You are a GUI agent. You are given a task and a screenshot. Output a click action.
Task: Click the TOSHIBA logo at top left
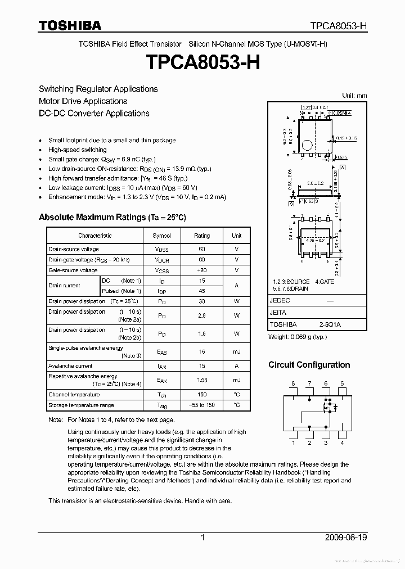pyautogui.click(x=70, y=25)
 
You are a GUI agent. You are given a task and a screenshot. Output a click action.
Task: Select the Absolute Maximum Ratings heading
pyautogui.click(x=112, y=217)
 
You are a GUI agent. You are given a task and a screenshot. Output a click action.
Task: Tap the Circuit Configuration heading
pyautogui.click(x=309, y=365)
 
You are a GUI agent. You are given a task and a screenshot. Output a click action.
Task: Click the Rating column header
pyautogui.click(x=201, y=236)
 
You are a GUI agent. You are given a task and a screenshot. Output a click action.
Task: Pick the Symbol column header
pyautogui.click(x=161, y=236)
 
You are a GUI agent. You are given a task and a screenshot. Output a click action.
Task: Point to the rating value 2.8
pyautogui.click(x=201, y=315)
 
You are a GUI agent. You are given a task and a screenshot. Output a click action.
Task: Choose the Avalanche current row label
pyautogui.click(x=70, y=366)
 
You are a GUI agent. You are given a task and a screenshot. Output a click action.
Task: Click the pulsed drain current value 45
pyautogui.click(x=201, y=291)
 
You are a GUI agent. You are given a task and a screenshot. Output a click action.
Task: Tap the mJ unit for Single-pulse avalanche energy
pyautogui.click(x=236, y=351)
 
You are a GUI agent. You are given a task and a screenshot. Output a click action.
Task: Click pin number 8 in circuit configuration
pyautogui.click(x=293, y=383)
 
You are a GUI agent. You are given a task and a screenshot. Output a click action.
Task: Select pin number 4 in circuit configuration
pyautogui.click(x=342, y=442)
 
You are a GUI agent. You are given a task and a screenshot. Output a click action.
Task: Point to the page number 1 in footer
pyautogui.click(x=202, y=538)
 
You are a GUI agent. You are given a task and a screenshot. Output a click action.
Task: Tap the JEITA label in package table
pyautogui.click(x=278, y=313)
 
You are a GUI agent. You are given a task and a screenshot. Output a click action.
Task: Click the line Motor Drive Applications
pyautogui.click(x=83, y=101)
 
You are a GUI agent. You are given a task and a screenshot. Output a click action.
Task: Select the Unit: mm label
pyautogui.click(x=354, y=96)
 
